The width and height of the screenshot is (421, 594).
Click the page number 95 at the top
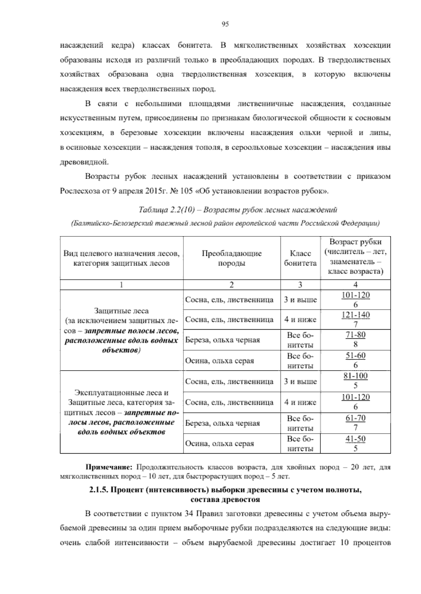coord(225,24)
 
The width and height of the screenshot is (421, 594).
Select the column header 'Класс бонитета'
coord(300,258)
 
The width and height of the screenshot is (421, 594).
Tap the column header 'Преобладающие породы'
coord(232,258)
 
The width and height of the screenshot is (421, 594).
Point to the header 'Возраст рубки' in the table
coord(355,242)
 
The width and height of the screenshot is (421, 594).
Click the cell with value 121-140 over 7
coord(355,319)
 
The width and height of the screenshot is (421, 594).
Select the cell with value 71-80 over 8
coord(355,339)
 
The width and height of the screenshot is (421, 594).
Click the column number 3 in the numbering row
coord(300,284)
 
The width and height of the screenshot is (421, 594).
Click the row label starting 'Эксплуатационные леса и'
coord(121,393)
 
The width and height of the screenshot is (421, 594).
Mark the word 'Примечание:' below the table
coord(109,468)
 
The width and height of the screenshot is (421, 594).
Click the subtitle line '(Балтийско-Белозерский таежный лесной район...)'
coord(225,223)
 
